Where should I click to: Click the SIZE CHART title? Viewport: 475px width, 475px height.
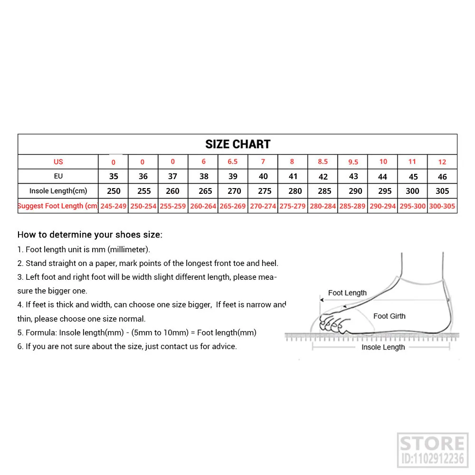tap(237, 144)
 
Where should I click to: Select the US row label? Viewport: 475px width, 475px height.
tap(58, 162)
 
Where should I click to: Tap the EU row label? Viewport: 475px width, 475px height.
tap(58, 176)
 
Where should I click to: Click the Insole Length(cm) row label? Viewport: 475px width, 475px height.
tap(58, 191)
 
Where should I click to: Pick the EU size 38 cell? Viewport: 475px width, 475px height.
tap(204, 176)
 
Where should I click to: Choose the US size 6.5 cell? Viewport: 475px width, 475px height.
tap(233, 161)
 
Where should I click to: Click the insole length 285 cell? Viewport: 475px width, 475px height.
tap(324, 191)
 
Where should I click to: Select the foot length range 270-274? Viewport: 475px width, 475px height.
tap(263, 206)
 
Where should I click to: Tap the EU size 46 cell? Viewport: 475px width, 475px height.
tap(442, 177)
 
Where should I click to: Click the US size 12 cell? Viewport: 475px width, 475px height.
tap(442, 162)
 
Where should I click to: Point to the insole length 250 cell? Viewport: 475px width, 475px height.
tap(114, 191)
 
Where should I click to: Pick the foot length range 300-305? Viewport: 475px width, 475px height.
tap(442, 206)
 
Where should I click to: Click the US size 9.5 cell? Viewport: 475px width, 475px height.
tap(353, 162)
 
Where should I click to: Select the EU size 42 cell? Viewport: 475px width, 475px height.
tap(323, 177)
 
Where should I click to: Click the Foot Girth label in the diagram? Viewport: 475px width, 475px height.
tap(389, 316)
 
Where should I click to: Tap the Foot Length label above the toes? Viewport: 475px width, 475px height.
tap(347, 293)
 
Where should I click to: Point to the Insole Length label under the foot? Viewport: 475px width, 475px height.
tap(383, 347)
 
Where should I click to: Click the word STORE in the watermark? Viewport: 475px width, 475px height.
tap(432, 444)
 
